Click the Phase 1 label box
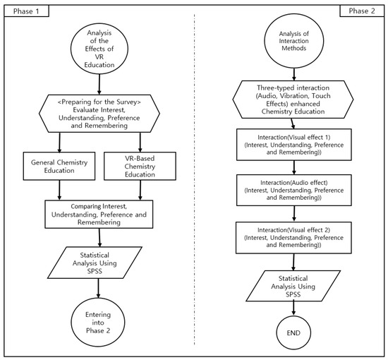point(27,11)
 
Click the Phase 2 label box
point(362,11)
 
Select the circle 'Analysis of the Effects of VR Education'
point(99,49)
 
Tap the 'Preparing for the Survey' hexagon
point(99,114)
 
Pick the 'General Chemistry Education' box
point(59,166)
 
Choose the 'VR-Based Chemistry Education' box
point(140,166)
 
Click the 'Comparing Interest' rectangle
point(99,214)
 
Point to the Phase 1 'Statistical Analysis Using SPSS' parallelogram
point(95,263)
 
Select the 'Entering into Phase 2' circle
point(98,323)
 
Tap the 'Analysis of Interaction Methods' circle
point(293,41)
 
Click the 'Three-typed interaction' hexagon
point(293,100)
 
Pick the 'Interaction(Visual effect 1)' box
point(294,145)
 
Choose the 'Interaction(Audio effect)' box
point(294,190)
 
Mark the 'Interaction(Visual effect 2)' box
point(293,238)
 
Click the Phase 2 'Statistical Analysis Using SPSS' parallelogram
point(293,286)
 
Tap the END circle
point(293,332)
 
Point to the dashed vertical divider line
point(194,179)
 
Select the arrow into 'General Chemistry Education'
point(59,143)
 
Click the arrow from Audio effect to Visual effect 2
point(294,214)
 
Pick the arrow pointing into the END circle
point(293,308)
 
